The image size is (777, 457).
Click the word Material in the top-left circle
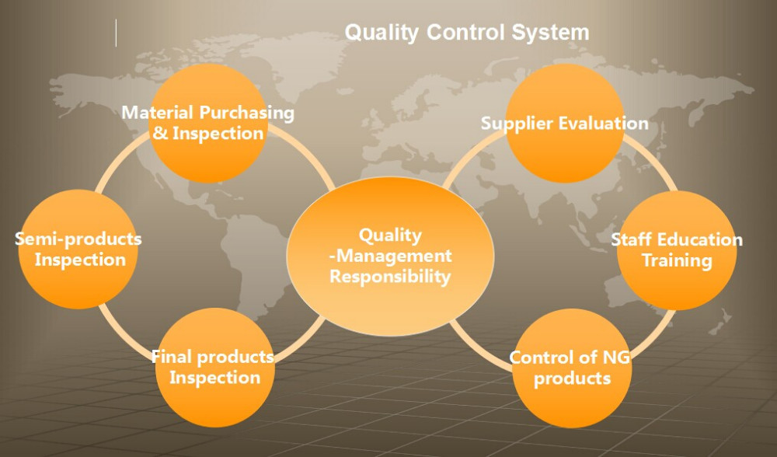(158, 113)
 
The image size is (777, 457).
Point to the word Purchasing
(247, 113)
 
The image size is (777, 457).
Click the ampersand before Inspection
(160, 134)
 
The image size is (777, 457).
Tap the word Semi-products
(78, 239)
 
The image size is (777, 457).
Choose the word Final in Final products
(172, 357)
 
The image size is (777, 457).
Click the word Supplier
(516, 124)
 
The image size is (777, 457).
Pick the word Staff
(631, 239)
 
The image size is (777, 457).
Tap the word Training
(677, 260)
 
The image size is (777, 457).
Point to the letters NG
(616, 357)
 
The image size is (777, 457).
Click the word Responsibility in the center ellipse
(390, 277)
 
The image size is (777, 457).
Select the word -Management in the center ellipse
(391, 256)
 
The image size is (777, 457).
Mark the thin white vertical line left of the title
(117, 33)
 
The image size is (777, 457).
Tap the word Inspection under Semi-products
(80, 260)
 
